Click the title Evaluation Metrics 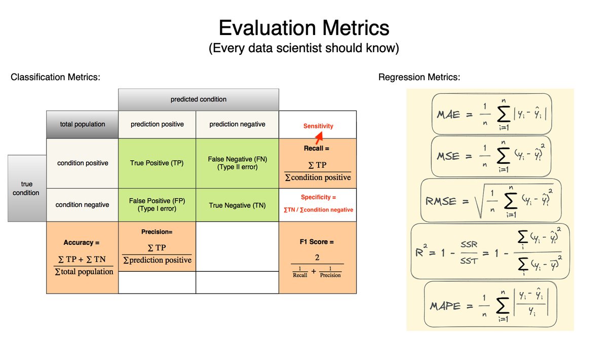(304, 27)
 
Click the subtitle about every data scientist (304, 49)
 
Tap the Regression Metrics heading (419, 77)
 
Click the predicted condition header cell (199, 99)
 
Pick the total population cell (82, 124)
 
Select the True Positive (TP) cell (157, 163)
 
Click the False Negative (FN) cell (237, 163)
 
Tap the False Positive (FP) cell (157, 205)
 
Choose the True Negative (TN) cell (237, 205)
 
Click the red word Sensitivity (318, 126)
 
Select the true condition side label (26, 189)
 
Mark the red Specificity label (318, 197)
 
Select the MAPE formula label (446, 306)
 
